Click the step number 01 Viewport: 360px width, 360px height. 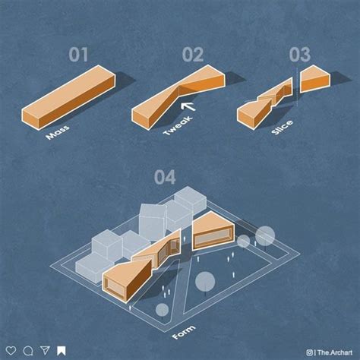point(78,55)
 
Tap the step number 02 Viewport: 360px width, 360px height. point(193,55)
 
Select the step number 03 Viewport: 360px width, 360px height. point(300,55)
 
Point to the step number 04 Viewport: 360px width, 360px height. point(165,177)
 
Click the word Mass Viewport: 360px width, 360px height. point(58,131)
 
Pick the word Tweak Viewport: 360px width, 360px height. point(178,126)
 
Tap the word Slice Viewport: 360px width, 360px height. point(283,127)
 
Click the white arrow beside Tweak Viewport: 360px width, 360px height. point(188,106)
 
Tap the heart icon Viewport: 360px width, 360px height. point(11,351)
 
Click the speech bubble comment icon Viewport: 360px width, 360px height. point(28,351)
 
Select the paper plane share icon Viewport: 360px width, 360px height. point(45,350)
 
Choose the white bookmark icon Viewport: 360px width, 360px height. point(62,351)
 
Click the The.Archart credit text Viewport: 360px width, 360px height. point(335,352)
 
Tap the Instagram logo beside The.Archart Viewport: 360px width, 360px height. point(309,352)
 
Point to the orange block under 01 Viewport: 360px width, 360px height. point(68,97)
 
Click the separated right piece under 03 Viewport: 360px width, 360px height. point(315,79)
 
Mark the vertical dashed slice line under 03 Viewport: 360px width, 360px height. point(297,87)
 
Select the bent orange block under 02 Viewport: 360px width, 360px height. point(178,97)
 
